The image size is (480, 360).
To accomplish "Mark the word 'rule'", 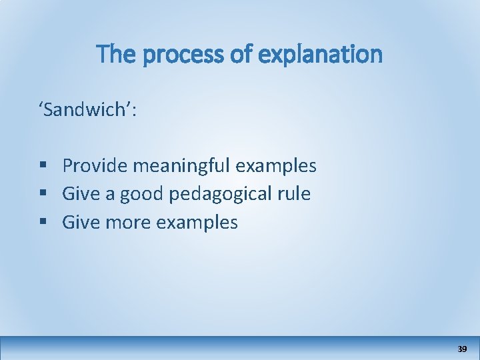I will pos(295,194).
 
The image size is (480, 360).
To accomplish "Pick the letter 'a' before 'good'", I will pos(109,194).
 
